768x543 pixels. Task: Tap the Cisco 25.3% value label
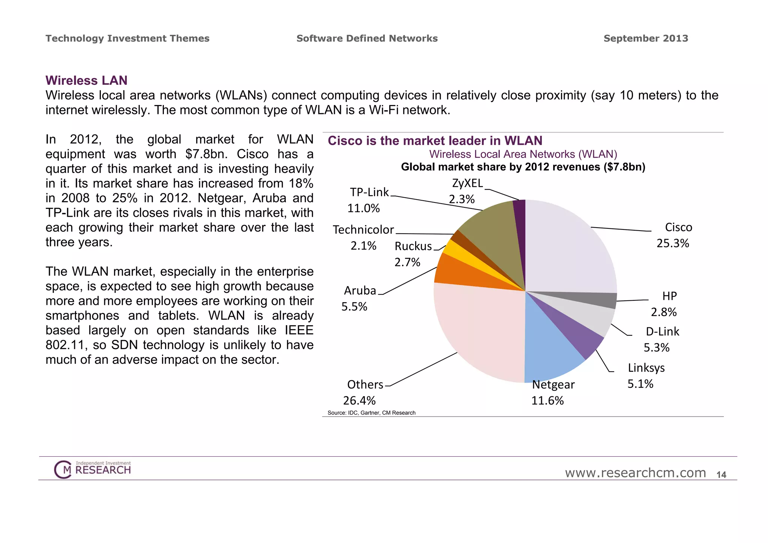click(x=673, y=243)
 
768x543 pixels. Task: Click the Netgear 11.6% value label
click(x=547, y=400)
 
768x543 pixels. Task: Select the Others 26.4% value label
click(x=359, y=400)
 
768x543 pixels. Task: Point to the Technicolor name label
click(x=363, y=229)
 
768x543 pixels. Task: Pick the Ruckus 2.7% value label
click(x=407, y=262)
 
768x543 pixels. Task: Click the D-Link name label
click(x=662, y=331)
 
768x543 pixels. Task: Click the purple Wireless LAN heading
click(x=86, y=80)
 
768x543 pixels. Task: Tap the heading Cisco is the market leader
click(x=435, y=141)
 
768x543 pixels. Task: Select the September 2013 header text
click(x=646, y=38)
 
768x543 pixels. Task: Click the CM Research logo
click(x=93, y=469)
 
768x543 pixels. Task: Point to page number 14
click(x=721, y=475)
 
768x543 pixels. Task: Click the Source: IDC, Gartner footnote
click(x=371, y=413)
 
